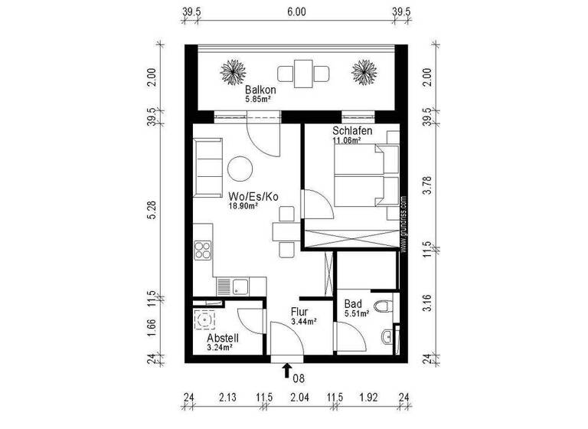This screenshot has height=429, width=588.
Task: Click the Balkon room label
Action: click(x=260, y=90)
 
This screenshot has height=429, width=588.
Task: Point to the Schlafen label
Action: click(x=352, y=132)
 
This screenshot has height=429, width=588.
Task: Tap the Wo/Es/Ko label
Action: click(x=253, y=197)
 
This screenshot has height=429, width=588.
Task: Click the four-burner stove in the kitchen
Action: click(x=204, y=251)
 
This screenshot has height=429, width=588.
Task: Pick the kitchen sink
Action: click(x=240, y=287)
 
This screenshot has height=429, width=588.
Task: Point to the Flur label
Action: click(x=299, y=313)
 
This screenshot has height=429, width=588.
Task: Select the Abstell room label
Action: click(x=223, y=337)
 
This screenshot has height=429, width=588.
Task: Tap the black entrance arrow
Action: click(x=286, y=372)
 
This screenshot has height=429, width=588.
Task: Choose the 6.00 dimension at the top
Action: click(x=296, y=12)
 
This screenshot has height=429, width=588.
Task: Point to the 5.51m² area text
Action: click(x=357, y=313)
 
